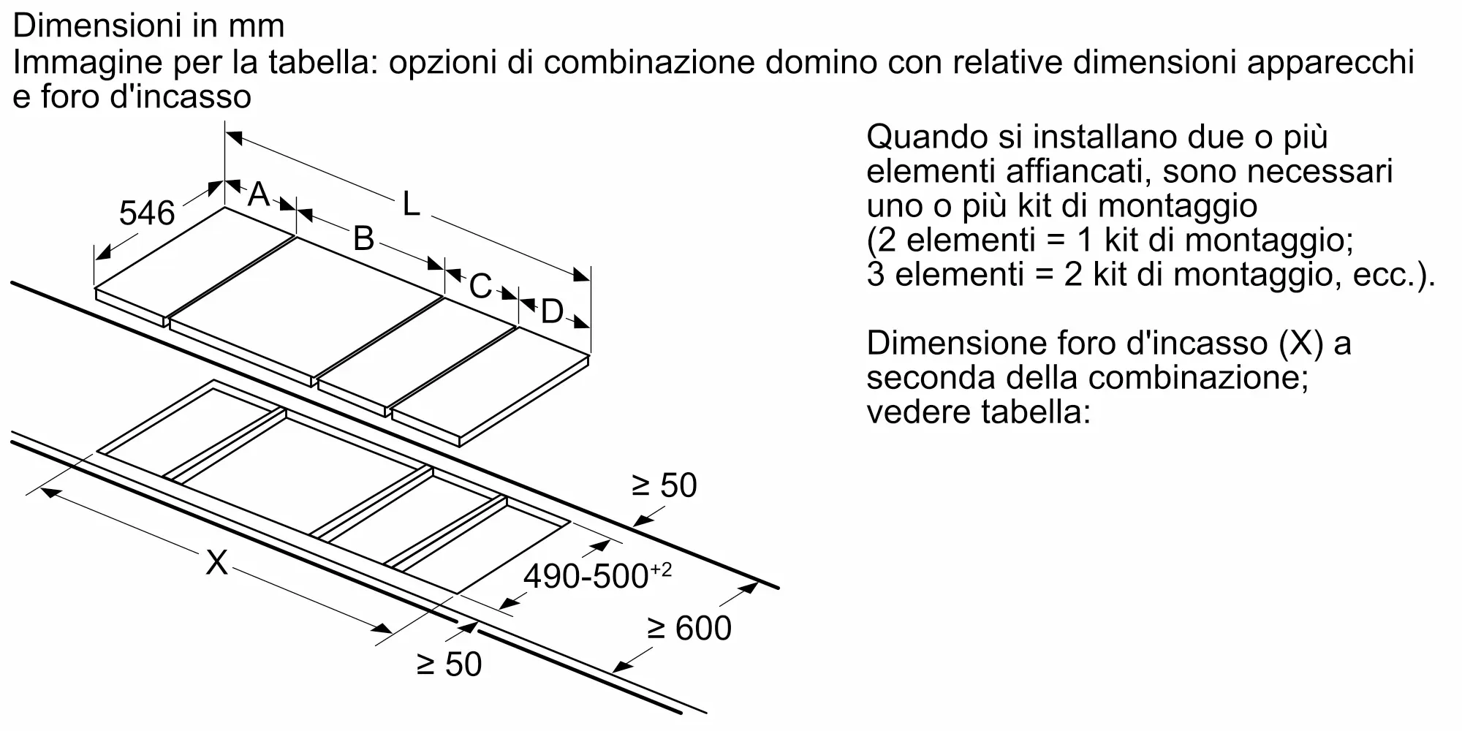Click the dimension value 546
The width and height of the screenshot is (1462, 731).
click(x=147, y=213)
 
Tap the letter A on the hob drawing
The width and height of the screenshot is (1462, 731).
click(x=259, y=194)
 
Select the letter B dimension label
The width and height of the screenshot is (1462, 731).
click(x=363, y=238)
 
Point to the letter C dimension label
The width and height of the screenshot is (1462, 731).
click(x=480, y=286)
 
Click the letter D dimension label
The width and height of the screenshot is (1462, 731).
click(x=552, y=311)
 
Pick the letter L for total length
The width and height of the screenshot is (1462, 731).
click(x=412, y=204)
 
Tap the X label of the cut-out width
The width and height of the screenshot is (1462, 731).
click(x=216, y=562)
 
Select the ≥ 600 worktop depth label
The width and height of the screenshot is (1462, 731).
click(x=689, y=628)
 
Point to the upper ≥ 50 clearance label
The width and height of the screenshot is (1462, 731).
click(x=664, y=485)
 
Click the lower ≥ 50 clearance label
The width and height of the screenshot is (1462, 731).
click(x=449, y=664)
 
